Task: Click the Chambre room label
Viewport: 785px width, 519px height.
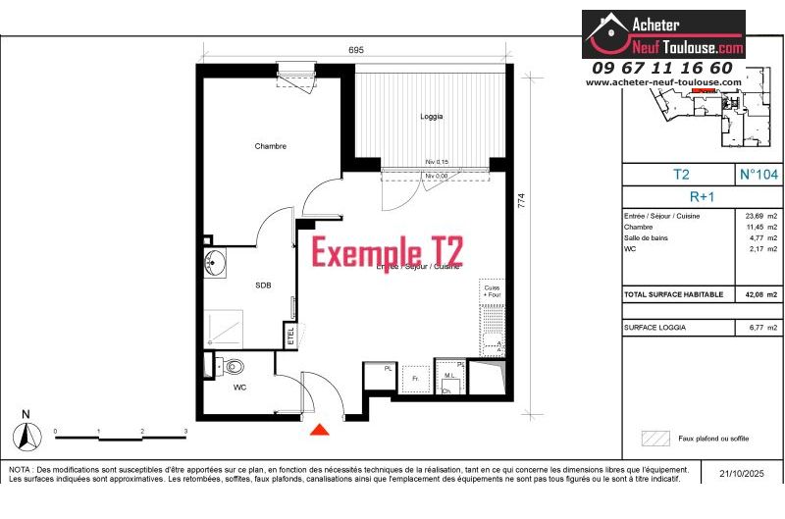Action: point(270,146)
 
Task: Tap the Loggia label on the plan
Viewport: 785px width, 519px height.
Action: point(431,116)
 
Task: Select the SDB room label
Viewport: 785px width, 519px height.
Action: point(262,285)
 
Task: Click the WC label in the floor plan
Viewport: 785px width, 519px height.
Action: point(239,388)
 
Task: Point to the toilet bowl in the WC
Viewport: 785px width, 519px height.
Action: point(233,367)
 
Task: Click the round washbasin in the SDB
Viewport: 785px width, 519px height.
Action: point(215,262)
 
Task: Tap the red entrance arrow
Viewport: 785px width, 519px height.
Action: point(319,429)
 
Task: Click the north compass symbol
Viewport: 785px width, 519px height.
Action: point(27,434)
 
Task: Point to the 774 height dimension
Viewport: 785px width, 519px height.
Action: point(522,200)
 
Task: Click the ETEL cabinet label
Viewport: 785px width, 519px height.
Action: point(290,335)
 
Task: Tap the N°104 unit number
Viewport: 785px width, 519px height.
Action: point(759,174)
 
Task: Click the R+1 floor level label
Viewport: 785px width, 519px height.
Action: point(703,195)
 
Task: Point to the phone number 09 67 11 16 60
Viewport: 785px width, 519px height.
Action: point(662,68)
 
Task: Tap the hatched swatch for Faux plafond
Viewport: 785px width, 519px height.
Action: point(654,439)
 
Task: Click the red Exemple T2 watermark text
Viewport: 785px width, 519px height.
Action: point(388,251)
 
